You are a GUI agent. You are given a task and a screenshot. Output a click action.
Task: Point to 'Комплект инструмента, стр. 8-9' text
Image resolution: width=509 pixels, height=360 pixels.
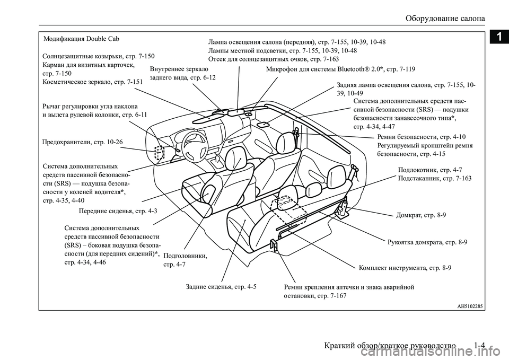coord(405,268)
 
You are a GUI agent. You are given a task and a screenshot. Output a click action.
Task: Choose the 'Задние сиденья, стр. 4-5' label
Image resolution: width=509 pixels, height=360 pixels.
coord(222,287)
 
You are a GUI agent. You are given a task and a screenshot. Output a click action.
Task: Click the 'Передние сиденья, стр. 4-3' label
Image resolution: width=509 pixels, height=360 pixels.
coord(117,211)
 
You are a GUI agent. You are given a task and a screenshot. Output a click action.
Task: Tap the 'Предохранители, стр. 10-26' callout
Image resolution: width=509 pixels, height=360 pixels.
coord(82,142)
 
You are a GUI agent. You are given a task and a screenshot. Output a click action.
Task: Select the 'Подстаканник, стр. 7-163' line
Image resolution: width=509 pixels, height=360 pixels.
coord(434,179)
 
